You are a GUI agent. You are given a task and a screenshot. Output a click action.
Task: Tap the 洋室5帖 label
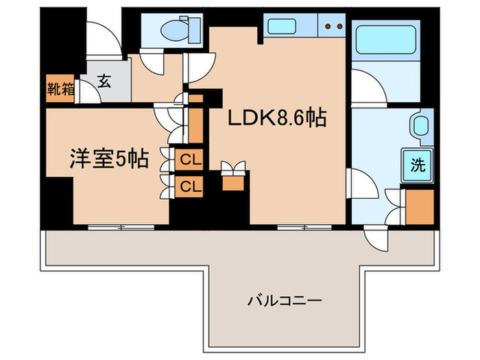point(108,159)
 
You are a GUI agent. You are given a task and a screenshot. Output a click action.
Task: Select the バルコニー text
point(294,300)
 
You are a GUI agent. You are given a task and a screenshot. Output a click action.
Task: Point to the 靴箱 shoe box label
point(61,88)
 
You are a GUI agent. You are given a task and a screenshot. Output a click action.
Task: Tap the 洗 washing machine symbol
point(417,165)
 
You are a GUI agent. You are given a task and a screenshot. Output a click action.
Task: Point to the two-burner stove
point(332,27)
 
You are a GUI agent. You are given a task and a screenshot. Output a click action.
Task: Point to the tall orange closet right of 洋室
point(196,123)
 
